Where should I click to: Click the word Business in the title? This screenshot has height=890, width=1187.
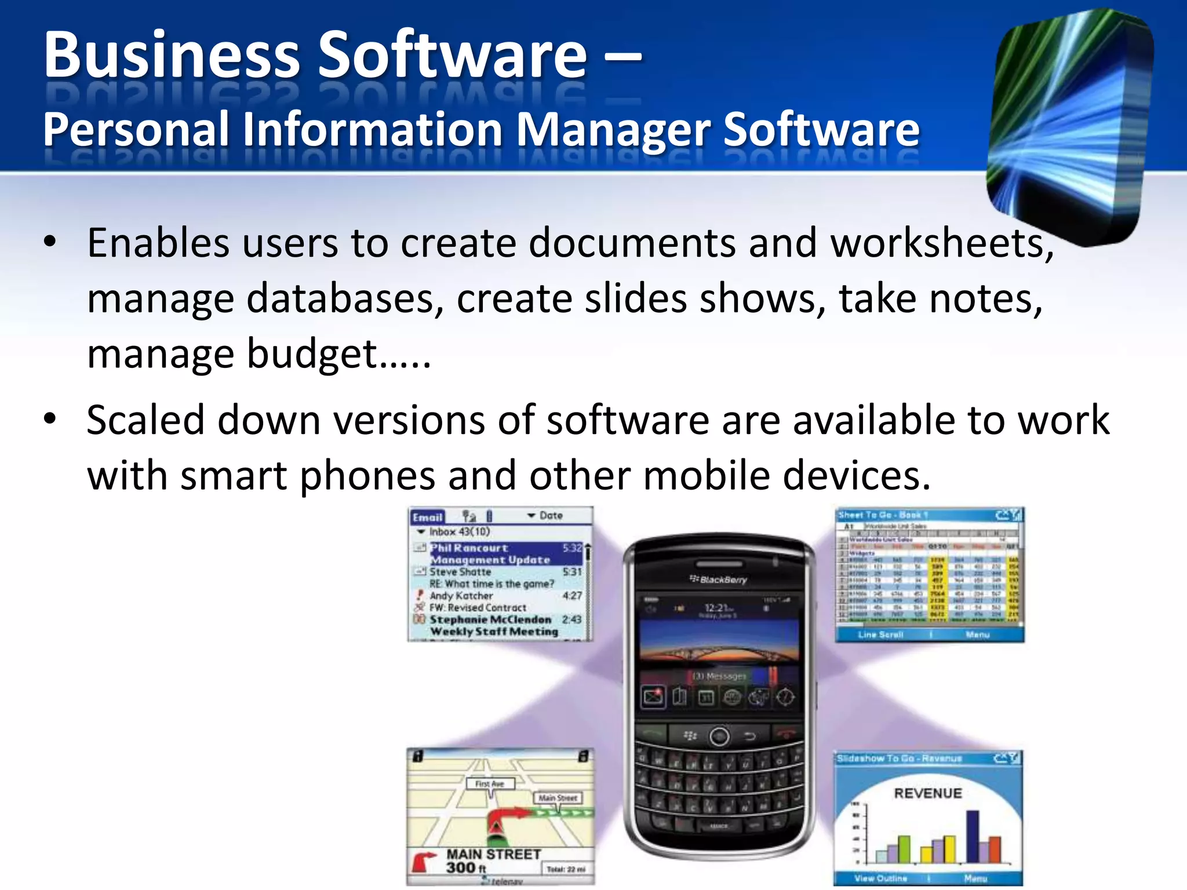pos(172,55)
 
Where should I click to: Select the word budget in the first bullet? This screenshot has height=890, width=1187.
pos(313,355)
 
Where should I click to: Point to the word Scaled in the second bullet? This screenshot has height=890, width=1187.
pos(145,420)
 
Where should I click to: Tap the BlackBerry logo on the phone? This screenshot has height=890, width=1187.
pos(719,579)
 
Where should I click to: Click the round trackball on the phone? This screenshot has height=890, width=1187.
pos(719,736)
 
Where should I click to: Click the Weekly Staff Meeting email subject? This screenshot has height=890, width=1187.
pos(494,632)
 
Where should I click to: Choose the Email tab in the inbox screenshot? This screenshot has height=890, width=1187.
pos(427,517)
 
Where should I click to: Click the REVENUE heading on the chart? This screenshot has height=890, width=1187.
pos(927,793)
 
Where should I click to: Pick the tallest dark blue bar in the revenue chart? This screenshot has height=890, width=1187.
pos(973,836)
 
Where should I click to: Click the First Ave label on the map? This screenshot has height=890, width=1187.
pos(490,784)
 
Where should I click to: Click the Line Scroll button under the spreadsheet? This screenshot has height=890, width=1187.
pos(880,635)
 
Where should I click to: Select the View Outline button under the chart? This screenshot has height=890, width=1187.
pos(880,878)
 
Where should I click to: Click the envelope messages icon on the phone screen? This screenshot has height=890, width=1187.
pos(653,697)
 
